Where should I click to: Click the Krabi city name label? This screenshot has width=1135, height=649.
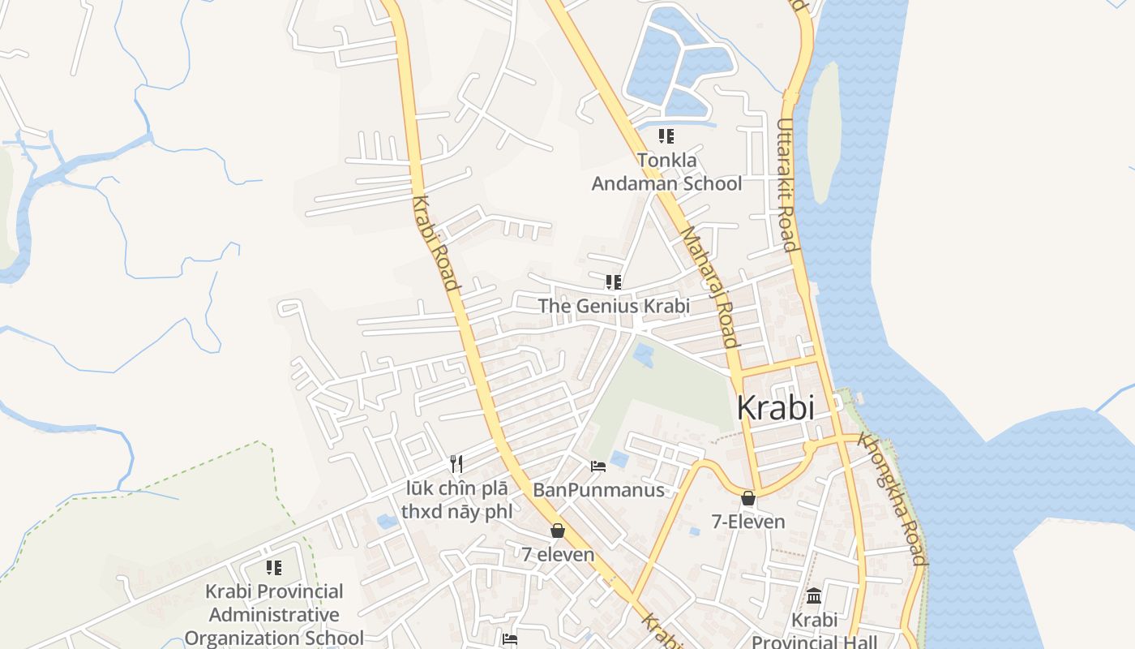click(775, 408)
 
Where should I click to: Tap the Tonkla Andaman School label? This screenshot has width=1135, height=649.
click(666, 172)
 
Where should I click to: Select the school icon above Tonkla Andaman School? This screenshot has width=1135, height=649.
click(666, 136)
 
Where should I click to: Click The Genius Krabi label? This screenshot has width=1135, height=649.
click(614, 306)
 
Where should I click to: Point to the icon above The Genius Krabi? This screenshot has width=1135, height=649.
click(614, 282)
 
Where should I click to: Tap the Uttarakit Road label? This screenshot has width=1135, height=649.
click(786, 185)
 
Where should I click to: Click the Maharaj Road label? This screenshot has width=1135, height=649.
click(709, 286)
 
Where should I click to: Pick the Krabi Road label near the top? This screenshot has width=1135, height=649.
click(435, 243)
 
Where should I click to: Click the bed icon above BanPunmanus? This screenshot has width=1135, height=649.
click(598, 466)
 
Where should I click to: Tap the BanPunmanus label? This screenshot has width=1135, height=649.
click(598, 490)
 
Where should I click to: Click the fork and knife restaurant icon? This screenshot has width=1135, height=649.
click(457, 464)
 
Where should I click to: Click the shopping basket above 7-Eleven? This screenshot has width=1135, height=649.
click(748, 498)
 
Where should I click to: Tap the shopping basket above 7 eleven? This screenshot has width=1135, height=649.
click(558, 531)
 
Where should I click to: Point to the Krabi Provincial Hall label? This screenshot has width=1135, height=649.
click(814, 631)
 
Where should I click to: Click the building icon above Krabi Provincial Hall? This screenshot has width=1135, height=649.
click(814, 596)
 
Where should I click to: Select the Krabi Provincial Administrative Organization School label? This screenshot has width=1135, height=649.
click(274, 614)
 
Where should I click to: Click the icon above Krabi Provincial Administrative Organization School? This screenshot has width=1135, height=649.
click(274, 568)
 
